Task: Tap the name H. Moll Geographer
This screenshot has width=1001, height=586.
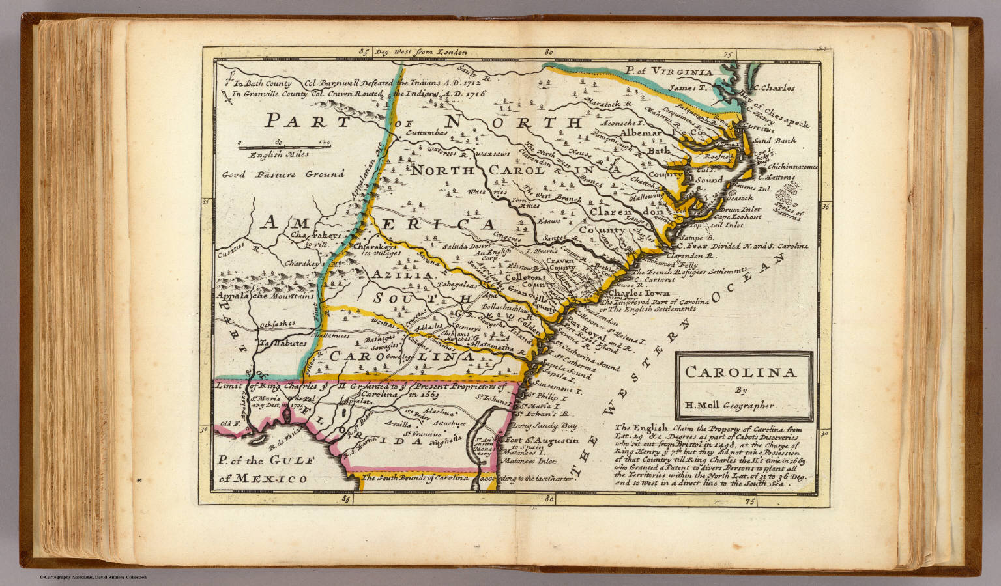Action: click(x=729, y=405)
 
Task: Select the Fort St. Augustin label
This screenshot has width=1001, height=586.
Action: click(x=542, y=440)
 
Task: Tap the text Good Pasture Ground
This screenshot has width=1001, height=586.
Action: click(x=283, y=174)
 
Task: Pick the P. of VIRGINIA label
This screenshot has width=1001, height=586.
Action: click(x=668, y=72)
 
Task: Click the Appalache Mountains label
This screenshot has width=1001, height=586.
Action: click(x=266, y=296)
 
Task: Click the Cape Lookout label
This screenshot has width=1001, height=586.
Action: click(x=737, y=217)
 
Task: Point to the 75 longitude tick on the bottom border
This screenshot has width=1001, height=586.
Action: click(x=749, y=501)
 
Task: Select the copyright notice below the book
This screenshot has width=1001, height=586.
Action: click(x=93, y=577)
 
